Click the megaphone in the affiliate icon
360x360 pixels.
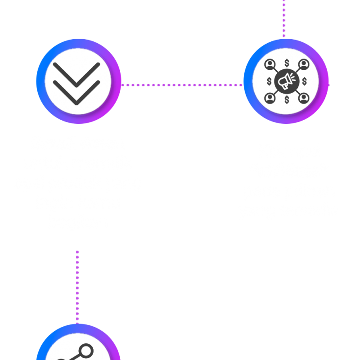click(x=287, y=81)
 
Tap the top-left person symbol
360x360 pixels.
click(x=270, y=64)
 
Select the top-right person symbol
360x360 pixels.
click(x=303, y=64)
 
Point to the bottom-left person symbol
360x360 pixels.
click(x=270, y=98)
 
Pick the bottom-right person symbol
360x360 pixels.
click(x=303, y=98)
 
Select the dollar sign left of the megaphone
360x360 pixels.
click(x=269, y=81)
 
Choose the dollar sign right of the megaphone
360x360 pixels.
click(x=304, y=81)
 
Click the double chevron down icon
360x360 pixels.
click(x=76, y=81)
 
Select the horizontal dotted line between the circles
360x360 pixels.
click(x=182, y=85)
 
